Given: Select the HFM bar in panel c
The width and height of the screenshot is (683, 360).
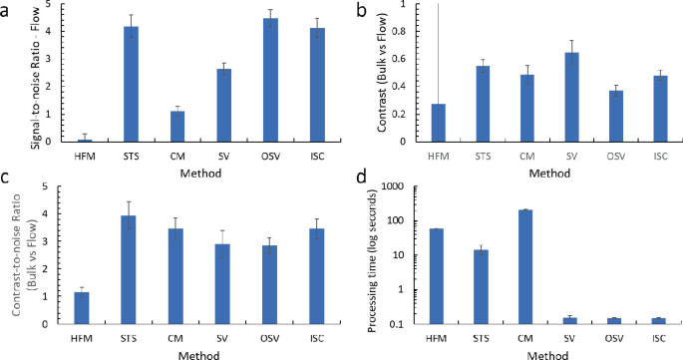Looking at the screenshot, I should (82, 307).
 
